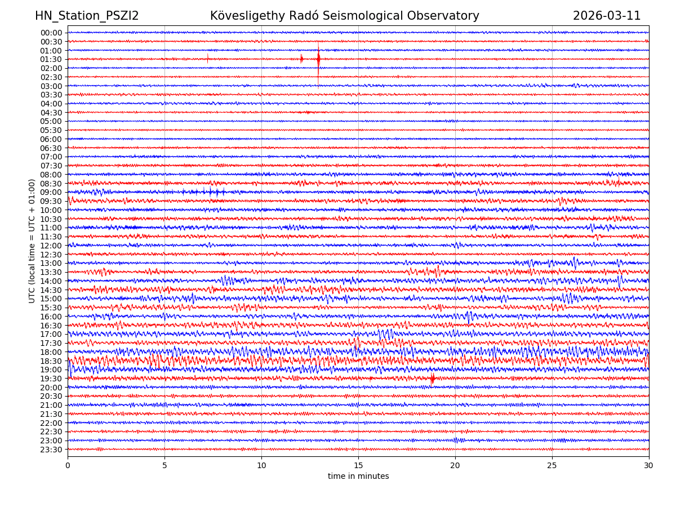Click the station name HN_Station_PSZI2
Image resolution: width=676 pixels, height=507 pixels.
point(87,16)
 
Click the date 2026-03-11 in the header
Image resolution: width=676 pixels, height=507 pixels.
point(607,16)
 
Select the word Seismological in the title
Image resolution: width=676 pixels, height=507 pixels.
point(395,16)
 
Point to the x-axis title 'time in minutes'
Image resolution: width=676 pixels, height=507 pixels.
point(358,477)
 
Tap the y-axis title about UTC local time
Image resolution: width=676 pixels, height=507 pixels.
point(32,241)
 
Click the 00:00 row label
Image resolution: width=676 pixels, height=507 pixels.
point(51,33)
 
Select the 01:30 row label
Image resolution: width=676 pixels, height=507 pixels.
point(51,59)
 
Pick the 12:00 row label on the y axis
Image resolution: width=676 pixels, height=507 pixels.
point(51,246)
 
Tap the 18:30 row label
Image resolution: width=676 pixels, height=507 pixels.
point(51,361)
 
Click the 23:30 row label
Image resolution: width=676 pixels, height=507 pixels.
point(51,450)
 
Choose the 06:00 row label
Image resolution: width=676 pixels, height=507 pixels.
point(51,139)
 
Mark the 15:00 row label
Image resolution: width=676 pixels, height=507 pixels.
point(51,299)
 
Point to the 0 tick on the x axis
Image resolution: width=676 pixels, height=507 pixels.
point(68,465)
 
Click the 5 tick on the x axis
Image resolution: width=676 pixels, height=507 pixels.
point(164,465)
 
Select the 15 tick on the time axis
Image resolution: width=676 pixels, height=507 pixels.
point(358,465)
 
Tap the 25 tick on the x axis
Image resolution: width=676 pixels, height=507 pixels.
point(552,465)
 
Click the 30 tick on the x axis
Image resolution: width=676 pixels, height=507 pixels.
point(649,465)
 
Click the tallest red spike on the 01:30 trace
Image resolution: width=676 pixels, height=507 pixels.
point(318,59)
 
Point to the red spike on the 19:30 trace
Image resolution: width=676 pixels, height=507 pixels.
point(432,379)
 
